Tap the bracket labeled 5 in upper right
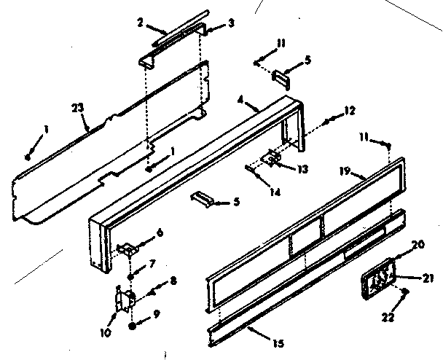coord(281,75)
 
